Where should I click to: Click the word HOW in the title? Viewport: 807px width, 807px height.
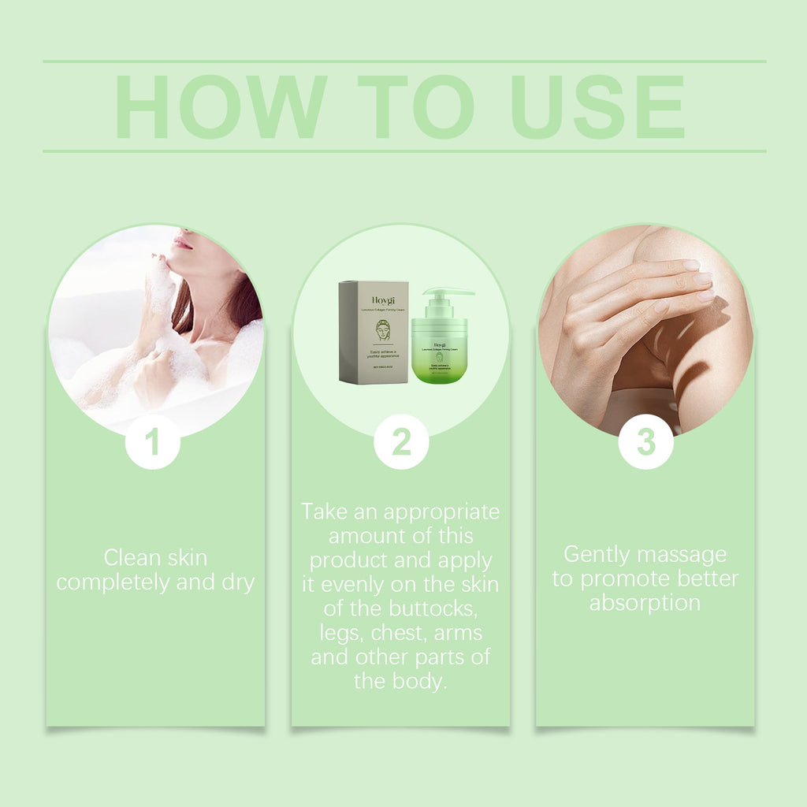(x=221, y=107)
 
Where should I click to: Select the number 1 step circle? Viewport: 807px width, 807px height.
(x=153, y=442)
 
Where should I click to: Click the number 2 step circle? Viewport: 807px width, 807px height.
(x=401, y=442)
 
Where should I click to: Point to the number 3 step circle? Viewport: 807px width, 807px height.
(x=645, y=442)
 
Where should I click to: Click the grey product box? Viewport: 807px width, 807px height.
(x=374, y=332)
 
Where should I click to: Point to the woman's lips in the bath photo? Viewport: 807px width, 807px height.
(x=182, y=242)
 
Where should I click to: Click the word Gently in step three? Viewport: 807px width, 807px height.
(x=599, y=555)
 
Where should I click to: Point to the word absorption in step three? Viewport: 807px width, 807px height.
(x=645, y=603)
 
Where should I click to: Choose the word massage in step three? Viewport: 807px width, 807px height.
(x=682, y=555)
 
